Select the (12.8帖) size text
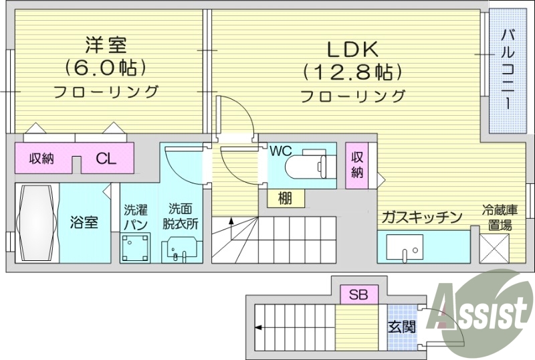pyautogui.click(x=352, y=71)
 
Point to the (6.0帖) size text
pyautogui.click(x=106, y=68)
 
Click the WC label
pyautogui.click(x=282, y=151)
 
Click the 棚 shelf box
pyautogui.click(x=285, y=197)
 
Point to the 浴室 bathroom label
pyautogui.click(x=85, y=221)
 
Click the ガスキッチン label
pyautogui.click(x=422, y=217)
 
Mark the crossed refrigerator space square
pyautogui.click(x=496, y=250)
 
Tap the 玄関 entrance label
pyautogui.click(x=401, y=327)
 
